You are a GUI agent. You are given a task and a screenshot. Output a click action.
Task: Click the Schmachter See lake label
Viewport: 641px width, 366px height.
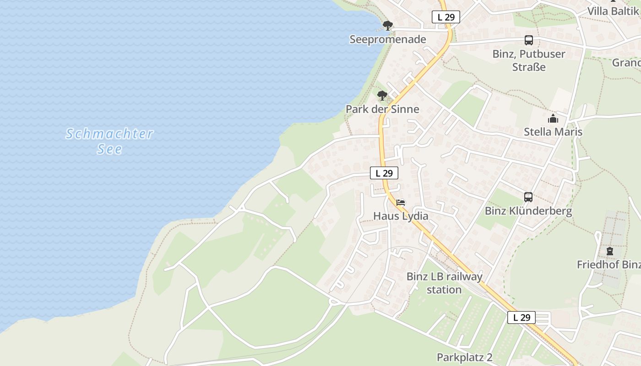coord(109,141)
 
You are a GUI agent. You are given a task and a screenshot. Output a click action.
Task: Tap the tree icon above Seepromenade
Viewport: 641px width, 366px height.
coord(388,25)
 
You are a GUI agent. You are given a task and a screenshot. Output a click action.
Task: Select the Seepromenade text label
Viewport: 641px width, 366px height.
coord(388,39)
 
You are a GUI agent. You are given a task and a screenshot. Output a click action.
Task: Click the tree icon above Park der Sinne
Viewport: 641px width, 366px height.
coord(382,96)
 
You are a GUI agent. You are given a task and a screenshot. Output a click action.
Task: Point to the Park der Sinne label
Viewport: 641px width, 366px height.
coord(382,109)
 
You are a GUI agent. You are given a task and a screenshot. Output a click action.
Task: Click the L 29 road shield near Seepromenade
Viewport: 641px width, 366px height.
coord(445,17)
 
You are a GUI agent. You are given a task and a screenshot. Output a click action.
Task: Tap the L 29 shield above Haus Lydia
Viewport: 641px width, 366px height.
coord(384,173)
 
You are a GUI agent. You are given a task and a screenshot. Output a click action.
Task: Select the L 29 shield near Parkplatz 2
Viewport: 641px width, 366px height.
coord(521,318)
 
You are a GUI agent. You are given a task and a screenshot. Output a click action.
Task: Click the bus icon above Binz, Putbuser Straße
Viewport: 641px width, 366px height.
coord(529,40)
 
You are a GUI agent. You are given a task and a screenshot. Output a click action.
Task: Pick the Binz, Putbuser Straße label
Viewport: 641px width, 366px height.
coord(529,60)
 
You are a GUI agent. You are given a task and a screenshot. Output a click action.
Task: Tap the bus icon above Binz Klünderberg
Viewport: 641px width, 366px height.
coord(528,197)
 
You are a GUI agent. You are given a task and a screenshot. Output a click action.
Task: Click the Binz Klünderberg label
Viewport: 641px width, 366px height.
coord(528,211)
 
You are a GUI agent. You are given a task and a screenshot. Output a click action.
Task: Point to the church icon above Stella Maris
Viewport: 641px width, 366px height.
coord(553,118)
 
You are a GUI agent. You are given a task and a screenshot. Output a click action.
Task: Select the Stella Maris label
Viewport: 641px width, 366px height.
coord(553,132)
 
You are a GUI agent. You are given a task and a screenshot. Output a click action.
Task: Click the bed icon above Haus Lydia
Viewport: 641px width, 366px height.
coord(401,202)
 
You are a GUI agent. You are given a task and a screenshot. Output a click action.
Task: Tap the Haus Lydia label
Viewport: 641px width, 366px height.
coord(401,216)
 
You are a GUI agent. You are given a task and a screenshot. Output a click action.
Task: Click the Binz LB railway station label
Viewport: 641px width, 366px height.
coord(444,283)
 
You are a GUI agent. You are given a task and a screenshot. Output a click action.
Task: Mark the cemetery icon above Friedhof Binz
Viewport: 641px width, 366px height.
coord(610,251)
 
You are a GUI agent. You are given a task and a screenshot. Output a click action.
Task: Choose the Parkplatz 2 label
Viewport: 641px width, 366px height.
coord(464,357)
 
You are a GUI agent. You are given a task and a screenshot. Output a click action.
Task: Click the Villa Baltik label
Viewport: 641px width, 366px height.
coord(613,11)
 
